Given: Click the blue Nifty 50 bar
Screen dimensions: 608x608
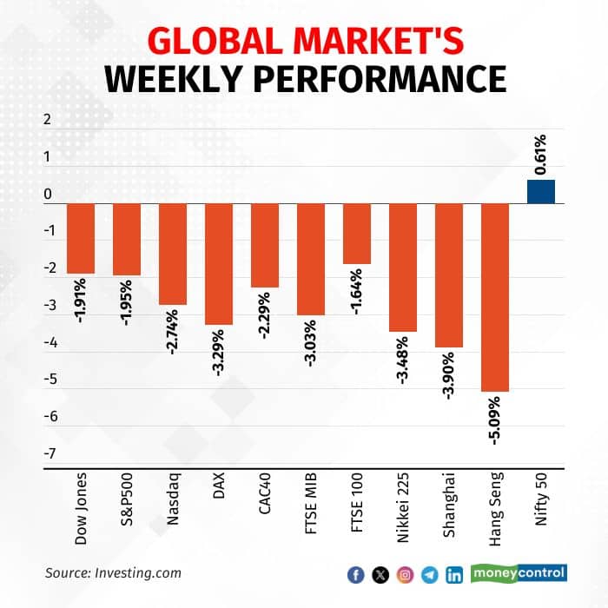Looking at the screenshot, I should coord(541,192).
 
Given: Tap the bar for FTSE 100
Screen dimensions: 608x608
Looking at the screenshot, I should coord(357,234).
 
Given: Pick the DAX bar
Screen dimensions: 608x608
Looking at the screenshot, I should coord(219,264).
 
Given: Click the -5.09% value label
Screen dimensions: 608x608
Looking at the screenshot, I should coord(494,420).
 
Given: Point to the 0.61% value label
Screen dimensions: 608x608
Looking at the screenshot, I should coord(540,155).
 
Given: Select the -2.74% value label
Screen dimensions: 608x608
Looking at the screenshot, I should coord(173,333).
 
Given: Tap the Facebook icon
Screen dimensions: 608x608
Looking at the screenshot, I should coord(355,574).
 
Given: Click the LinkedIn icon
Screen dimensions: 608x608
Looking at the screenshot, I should coord(453,574).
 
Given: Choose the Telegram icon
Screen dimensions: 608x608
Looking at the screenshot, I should coord(429,574).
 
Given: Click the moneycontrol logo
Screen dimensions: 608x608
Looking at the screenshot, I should coord(519,572).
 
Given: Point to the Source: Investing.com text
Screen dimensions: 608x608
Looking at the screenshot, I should coord(114,572).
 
